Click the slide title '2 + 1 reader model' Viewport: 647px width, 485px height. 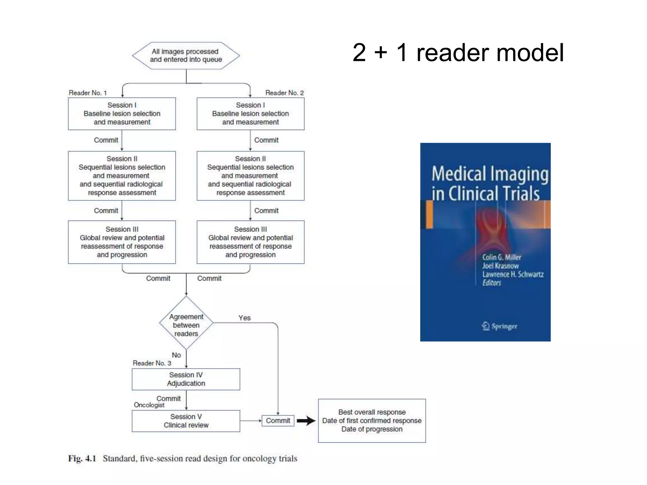pos(458,53)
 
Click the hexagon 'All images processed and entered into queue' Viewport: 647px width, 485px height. pos(186,56)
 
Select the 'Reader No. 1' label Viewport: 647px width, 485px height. pos(88,93)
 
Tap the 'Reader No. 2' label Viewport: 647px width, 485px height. pos(284,93)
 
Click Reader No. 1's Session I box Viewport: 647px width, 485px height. pos(122,114)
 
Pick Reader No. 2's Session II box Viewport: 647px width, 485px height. pos(250,176)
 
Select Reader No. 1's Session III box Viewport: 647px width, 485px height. pos(122,242)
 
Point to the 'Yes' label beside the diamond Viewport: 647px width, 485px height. pos(245,318)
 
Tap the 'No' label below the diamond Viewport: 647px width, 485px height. pos(176,355)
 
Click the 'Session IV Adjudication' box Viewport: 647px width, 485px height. pos(186,379)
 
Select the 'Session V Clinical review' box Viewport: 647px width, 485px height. pos(186,421)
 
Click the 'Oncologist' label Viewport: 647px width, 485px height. pos(149,405)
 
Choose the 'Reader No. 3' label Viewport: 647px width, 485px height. pos(152,363)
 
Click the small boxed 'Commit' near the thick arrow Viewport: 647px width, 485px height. pos(278,421)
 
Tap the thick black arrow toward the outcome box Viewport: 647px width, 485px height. pos(306,421)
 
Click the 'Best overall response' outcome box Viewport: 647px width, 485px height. pos(372,421)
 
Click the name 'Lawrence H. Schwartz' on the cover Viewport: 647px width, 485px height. pos(512,274)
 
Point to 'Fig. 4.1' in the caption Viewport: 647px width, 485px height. pos(82,458)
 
